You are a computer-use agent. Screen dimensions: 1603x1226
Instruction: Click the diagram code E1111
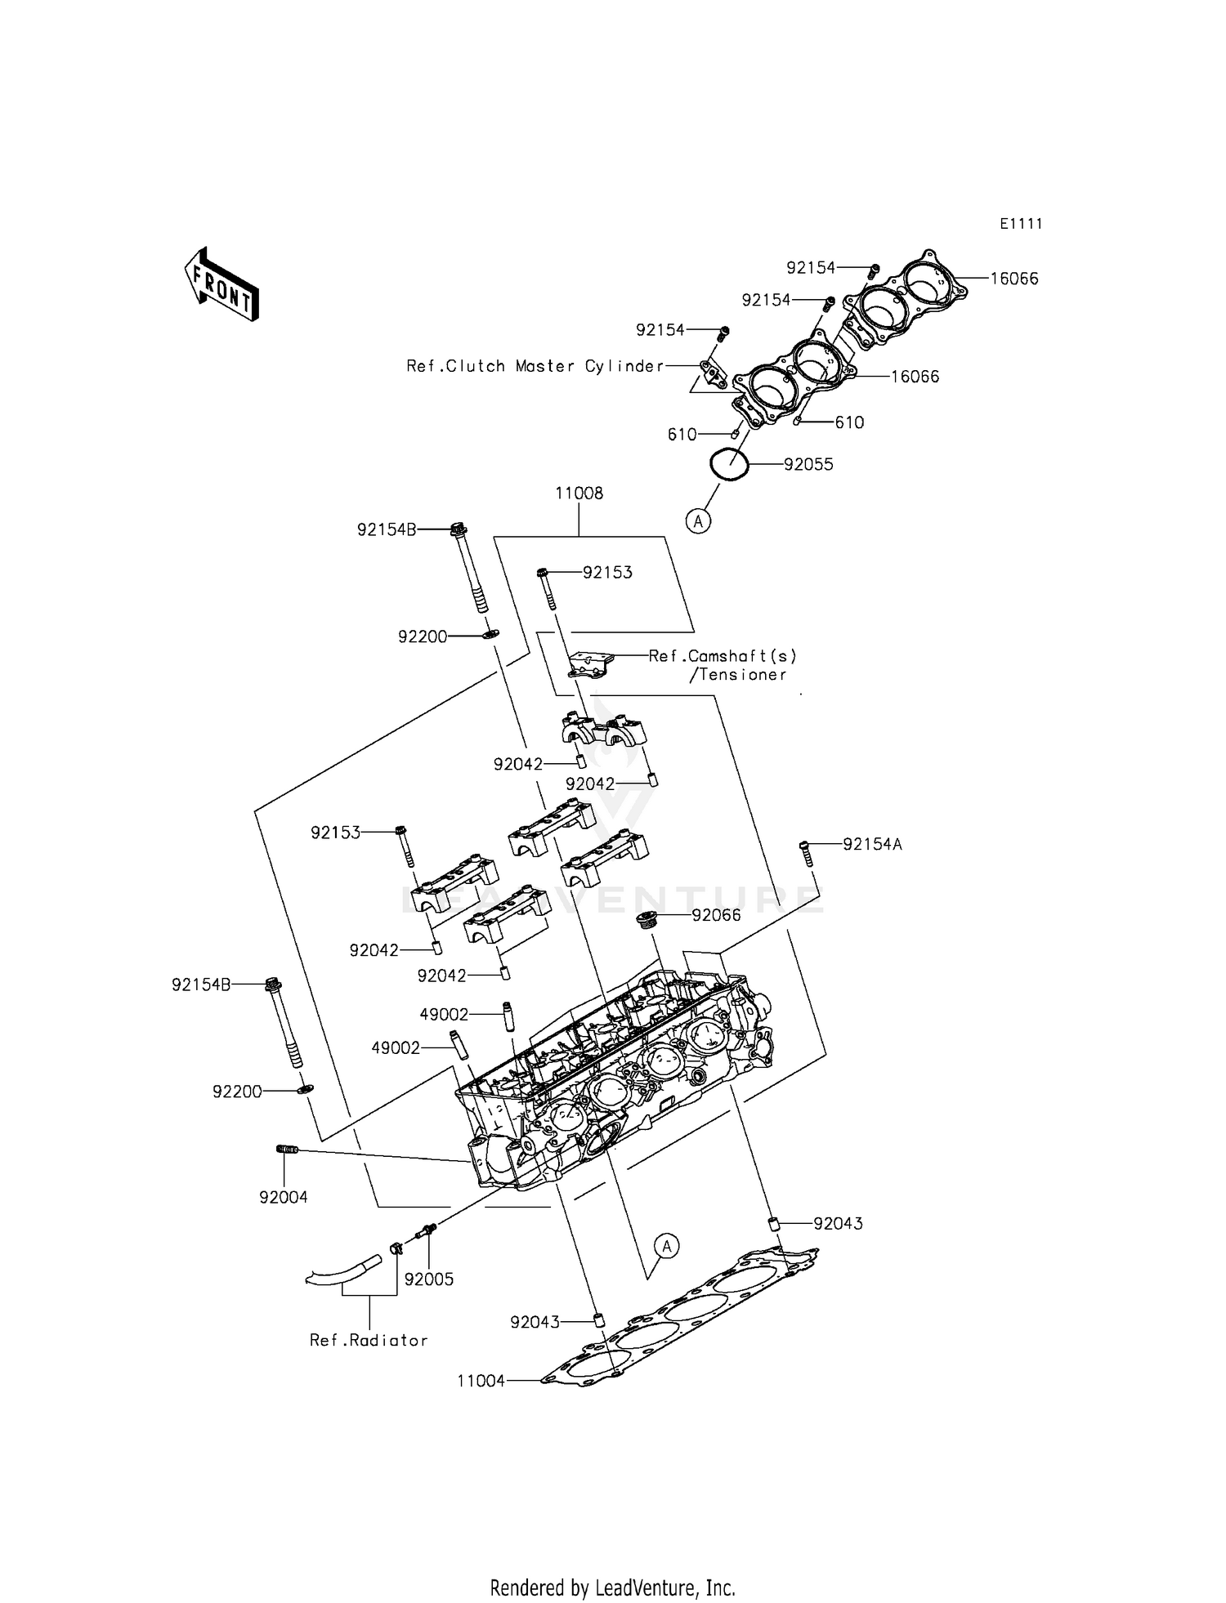(1021, 224)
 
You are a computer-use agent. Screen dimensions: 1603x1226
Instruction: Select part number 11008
(579, 493)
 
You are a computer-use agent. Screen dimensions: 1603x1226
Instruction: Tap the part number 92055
(808, 465)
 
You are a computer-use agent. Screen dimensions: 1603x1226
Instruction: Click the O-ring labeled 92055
(728, 465)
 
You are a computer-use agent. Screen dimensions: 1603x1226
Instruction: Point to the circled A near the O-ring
(698, 520)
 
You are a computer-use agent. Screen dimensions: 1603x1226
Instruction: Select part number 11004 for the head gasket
(481, 1381)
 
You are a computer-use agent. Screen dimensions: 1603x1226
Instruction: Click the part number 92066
(716, 915)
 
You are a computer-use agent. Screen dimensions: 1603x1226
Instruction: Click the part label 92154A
(872, 845)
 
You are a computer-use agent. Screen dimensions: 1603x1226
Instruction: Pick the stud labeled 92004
(286, 1150)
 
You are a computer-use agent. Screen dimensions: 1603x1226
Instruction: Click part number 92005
(428, 1279)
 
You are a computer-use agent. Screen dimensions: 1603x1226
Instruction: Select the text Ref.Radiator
(369, 1341)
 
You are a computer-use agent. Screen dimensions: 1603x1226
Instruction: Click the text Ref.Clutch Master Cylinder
(535, 367)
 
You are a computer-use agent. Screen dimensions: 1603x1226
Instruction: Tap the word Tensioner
(742, 675)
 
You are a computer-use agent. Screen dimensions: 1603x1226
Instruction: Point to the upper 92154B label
(386, 529)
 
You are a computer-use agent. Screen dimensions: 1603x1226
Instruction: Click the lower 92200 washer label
(237, 1092)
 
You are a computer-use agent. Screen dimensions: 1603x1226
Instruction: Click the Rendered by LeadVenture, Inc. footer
(612, 1587)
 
